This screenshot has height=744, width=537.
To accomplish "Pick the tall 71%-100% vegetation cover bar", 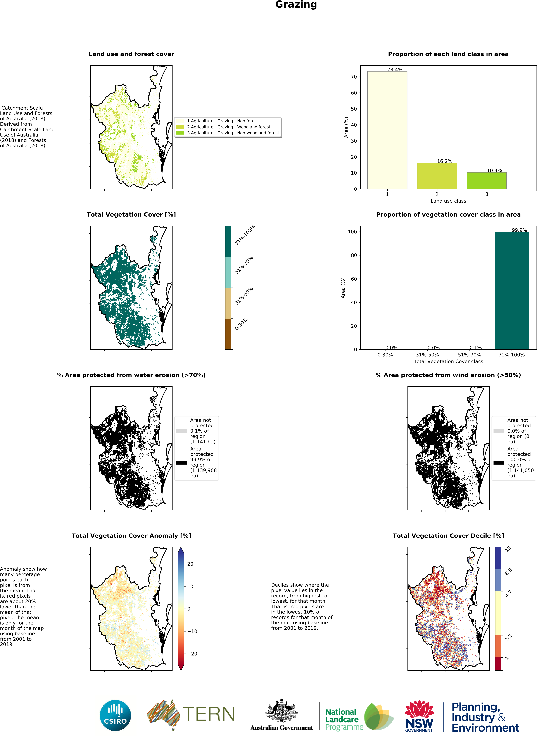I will [511, 290].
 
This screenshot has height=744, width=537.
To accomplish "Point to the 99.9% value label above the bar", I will [519, 230].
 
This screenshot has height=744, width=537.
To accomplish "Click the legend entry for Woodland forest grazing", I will [228, 127].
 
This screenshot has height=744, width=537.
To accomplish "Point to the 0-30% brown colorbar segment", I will [228, 334].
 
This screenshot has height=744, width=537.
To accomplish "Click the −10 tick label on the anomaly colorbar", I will [192, 631].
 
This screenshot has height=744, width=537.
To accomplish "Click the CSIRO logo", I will [115, 715].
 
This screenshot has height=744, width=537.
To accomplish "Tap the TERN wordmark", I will [209, 714].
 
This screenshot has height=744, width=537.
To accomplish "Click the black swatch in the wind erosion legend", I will [498, 463].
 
